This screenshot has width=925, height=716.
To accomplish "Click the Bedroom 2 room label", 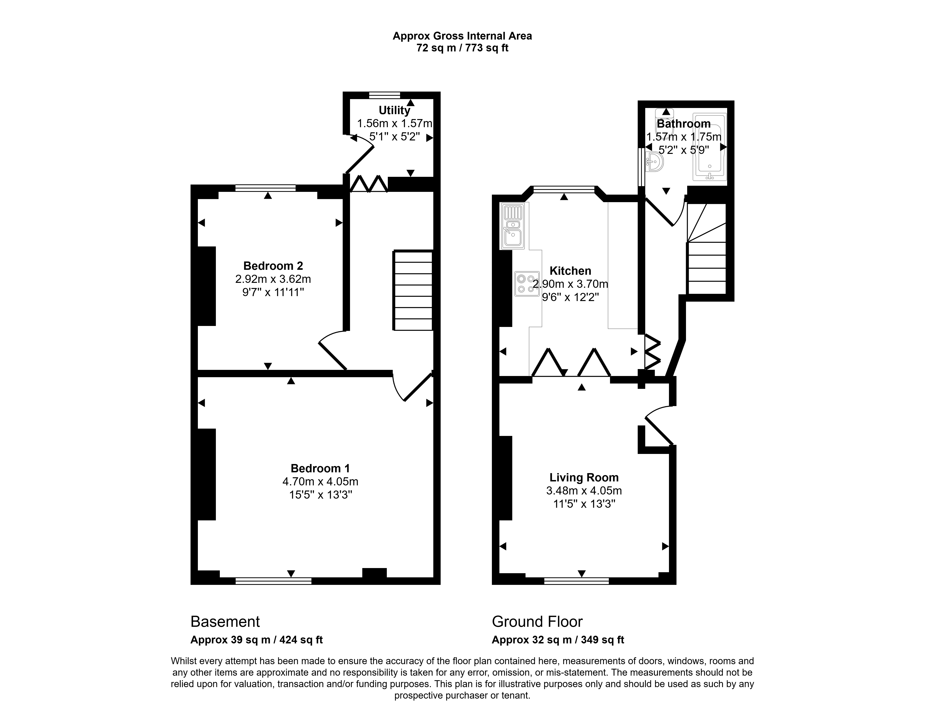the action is point(273,266).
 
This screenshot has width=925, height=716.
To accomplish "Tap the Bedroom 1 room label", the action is point(320,468).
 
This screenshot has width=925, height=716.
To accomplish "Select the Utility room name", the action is point(394,111).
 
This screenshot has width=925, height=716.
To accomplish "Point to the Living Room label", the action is point(584,478).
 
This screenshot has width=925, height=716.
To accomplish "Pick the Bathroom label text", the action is point(684,124).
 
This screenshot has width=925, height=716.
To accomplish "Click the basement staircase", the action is point(413,291).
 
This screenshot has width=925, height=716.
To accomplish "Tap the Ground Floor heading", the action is point(537,622).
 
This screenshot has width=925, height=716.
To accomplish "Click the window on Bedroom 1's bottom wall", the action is point(274,581).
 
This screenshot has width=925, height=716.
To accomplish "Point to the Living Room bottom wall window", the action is point(576,581).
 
